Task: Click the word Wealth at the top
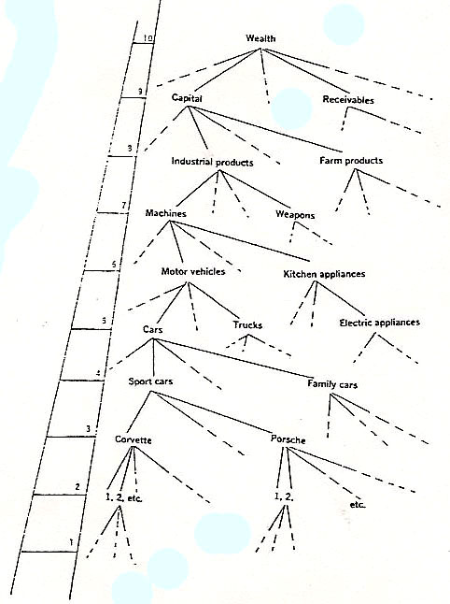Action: (x=260, y=38)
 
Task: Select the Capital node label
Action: (x=187, y=98)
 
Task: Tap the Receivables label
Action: (x=348, y=100)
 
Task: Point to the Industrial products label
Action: (x=212, y=162)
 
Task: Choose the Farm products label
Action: (x=351, y=160)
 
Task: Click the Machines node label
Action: (x=166, y=213)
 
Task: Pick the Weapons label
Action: (x=295, y=214)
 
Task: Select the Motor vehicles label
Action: (x=193, y=271)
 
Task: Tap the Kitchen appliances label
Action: (x=324, y=274)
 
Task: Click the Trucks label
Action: (x=247, y=325)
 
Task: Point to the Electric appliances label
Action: (x=380, y=323)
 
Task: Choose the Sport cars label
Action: (x=150, y=381)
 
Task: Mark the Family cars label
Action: (x=332, y=384)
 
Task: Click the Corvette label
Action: (x=134, y=439)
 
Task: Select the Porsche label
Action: (x=288, y=439)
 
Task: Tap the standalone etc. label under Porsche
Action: (x=358, y=505)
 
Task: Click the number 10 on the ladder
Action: (x=148, y=38)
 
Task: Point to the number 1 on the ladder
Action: (x=71, y=542)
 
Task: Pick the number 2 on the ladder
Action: (x=77, y=487)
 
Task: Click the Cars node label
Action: (x=153, y=330)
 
